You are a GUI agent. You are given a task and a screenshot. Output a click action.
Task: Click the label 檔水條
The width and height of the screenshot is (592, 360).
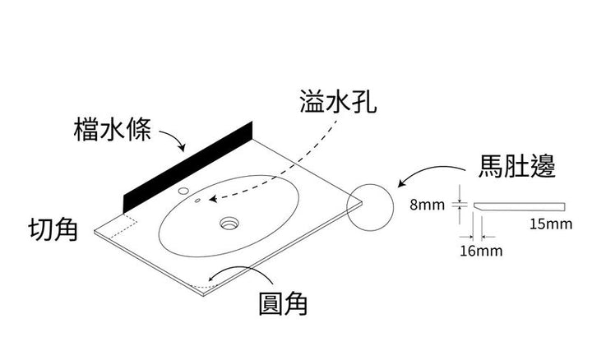click(x=111, y=128)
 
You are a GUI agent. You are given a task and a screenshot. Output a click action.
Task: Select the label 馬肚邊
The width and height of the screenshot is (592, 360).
click(x=516, y=168)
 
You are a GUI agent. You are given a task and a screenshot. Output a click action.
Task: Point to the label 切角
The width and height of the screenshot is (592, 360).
click(x=53, y=229)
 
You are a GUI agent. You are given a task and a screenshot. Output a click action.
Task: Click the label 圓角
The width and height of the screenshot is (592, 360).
click(x=282, y=304)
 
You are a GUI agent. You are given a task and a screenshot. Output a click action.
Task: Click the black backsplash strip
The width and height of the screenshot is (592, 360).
click(x=187, y=165)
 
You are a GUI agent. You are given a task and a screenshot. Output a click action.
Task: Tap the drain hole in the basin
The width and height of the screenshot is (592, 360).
click(x=229, y=222)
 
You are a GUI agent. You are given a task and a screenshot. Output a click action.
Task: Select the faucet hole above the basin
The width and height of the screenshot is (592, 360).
click(x=182, y=192)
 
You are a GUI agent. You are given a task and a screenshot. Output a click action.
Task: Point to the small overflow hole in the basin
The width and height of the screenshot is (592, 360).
click(x=198, y=199)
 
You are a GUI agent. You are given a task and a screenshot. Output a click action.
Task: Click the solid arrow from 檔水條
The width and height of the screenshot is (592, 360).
click(x=173, y=140)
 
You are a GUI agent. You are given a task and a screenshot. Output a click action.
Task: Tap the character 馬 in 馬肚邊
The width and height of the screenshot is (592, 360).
click(x=490, y=168)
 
